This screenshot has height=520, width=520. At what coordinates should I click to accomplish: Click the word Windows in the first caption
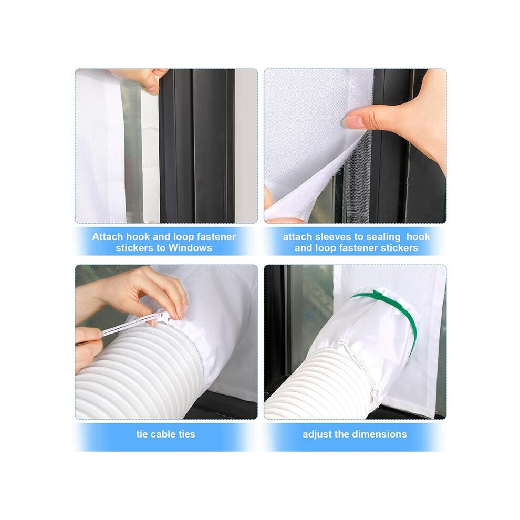click(190, 248)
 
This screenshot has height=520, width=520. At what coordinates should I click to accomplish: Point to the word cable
click(163, 434)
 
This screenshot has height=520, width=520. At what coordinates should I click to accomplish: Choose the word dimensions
click(381, 434)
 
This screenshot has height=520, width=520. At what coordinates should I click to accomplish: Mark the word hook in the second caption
click(418, 236)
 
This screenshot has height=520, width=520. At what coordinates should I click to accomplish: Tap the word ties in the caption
click(187, 434)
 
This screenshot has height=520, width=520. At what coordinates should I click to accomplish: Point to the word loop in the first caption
click(183, 237)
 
